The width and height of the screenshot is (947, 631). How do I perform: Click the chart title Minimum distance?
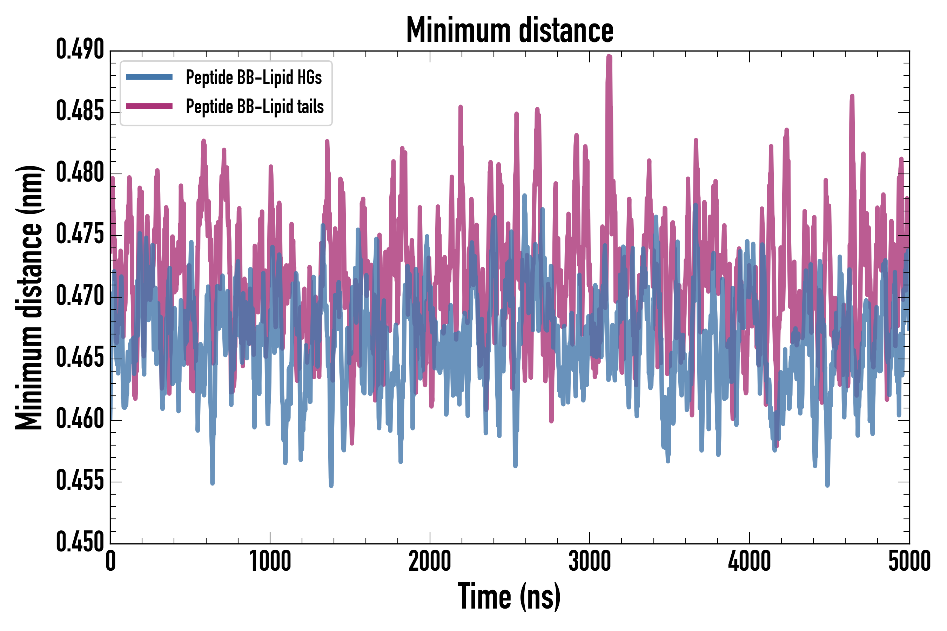point(510,30)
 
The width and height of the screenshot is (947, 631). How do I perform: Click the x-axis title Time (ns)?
point(509,597)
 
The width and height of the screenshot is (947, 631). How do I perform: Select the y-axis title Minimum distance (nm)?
point(29,297)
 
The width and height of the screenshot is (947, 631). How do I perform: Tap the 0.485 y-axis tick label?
point(80,111)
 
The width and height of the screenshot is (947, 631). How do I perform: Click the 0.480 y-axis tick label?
point(80,173)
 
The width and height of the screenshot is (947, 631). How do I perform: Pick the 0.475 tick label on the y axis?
point(80,235)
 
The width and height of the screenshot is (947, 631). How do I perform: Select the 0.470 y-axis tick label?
point(80,297)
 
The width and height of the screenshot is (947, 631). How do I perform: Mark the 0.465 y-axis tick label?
point(80,358)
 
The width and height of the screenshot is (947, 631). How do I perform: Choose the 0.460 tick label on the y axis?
point(80,420)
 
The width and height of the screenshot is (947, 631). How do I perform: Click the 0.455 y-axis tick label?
point(80,481)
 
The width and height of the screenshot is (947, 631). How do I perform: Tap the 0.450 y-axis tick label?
point(80,542)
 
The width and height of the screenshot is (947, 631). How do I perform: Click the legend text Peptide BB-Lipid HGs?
point(254,77)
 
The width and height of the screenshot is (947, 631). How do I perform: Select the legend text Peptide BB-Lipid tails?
point(255,107)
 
